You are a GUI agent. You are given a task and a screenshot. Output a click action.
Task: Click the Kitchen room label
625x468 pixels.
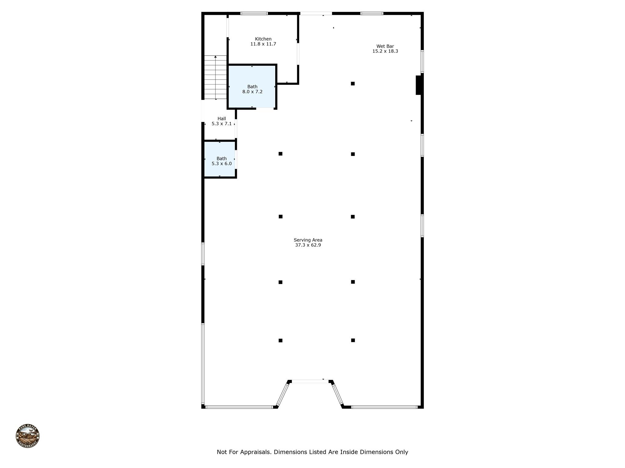[263, 39]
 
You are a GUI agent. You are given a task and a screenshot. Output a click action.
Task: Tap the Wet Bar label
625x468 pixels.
[385, 46]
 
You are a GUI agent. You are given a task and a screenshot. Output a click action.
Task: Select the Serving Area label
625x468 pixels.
[308, 240]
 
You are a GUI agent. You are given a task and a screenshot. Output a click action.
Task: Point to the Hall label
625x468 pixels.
[222, 119]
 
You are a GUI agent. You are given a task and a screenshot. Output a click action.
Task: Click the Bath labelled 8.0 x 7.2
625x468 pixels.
[252, 87]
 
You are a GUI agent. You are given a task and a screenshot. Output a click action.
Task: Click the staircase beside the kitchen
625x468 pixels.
[215, 77]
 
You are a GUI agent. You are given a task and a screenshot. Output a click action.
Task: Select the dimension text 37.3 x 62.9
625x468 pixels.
[308, 245]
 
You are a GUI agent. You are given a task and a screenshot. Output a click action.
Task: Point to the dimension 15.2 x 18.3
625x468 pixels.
[385, 51]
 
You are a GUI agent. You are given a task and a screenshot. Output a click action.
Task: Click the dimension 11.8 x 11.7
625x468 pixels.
[263, 44]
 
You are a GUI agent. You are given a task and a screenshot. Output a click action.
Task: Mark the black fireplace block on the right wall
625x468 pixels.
[418, 85]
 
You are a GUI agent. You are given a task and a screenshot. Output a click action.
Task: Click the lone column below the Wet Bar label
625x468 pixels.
[353, 83]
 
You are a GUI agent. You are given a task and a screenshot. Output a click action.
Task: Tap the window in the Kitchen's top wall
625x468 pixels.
[254, 13]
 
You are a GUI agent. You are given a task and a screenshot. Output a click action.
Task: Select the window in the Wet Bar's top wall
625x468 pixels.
[372, 13]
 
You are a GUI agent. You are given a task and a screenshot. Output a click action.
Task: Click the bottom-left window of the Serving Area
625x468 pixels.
[239, 407]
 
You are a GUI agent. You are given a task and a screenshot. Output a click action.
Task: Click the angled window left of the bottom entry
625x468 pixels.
[283, 395]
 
